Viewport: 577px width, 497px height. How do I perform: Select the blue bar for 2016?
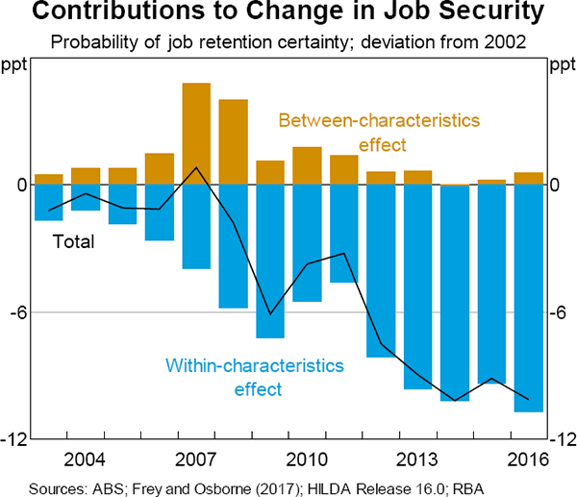pos(528,298)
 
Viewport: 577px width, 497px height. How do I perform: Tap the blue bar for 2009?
pos(270,261)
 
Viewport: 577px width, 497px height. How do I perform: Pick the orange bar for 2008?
pos(234,142)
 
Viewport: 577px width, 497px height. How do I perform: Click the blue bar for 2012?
pos(381,270)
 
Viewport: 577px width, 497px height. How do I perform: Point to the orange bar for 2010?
pos(307,165)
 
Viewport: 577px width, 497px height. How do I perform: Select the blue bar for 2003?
pos(48,202)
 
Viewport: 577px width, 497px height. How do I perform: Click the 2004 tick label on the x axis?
pos(86,456)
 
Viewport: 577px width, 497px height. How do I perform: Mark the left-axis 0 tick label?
pos(19,186)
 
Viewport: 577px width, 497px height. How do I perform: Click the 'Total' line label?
pos(73,240)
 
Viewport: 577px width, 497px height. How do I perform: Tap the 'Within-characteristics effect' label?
pos(254,378)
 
